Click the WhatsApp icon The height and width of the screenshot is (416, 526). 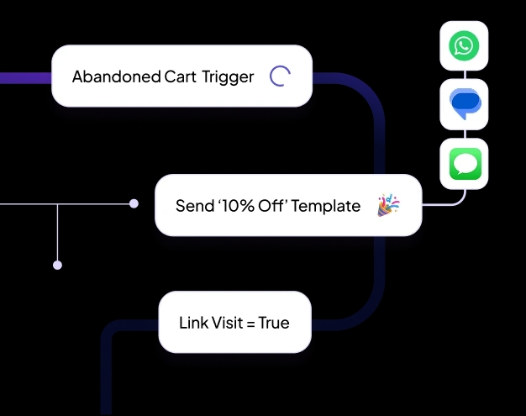(464, 45)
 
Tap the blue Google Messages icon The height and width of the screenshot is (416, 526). (464, 103)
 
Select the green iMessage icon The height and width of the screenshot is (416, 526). (464, 163)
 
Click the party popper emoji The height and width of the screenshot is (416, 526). (388, 205)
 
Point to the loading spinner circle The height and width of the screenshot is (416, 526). (280, 76)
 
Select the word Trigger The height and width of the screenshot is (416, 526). (228, 77)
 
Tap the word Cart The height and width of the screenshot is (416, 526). (179, 77)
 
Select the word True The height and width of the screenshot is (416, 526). (274, 323)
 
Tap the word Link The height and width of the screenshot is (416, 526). (192, 323)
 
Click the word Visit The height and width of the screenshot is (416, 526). (227, 323)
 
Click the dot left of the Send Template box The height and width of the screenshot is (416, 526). (134, 203)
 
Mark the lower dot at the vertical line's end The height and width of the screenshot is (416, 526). (57, 265)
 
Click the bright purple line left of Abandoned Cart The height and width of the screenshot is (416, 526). (25, 78)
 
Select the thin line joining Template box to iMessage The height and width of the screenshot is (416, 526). (440, 204)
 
